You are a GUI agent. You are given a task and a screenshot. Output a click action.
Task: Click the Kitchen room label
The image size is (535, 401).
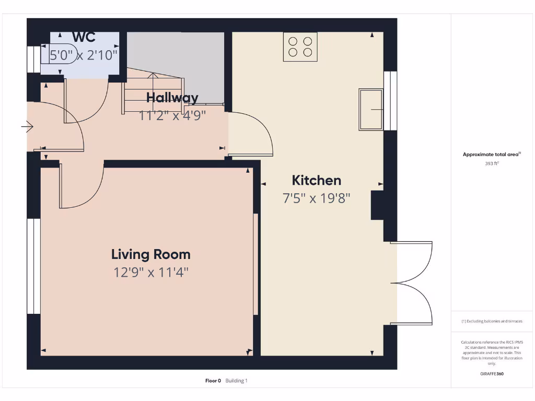[x=316, y=181]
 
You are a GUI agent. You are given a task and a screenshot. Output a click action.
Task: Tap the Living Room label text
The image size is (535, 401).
[x=150, y=255]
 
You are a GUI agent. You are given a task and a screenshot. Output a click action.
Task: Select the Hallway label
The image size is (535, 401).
[x=172, y=98]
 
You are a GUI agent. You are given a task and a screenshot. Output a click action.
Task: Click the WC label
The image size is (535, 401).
[x=84, y=37]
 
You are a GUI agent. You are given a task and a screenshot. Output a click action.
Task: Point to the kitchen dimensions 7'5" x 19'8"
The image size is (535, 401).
[x=316, y=198]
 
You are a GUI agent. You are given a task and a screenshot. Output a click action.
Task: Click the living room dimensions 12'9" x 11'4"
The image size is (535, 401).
[x=150, y=272]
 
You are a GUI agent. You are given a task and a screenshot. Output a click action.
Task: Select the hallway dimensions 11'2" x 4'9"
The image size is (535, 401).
[x=172, y=115]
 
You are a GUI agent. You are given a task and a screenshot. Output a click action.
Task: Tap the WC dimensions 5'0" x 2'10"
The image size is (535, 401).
[x=84, y=54]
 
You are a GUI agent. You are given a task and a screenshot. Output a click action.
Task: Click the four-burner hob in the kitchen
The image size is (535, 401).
[x=300, y=46]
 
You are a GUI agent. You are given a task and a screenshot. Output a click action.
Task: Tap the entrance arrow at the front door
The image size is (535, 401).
[x=27, y=126]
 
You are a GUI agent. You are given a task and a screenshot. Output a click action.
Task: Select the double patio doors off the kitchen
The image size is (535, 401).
[x=413, y=283]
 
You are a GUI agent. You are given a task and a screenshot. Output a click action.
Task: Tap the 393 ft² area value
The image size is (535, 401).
[x=492, y=163]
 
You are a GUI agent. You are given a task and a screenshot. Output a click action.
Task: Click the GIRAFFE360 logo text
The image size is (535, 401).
[x=492, y=374]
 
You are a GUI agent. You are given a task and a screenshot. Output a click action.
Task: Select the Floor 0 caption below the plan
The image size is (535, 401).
[x=213, y=381]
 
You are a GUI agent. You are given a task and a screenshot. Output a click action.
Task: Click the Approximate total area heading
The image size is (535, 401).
[x=491, y=154]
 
